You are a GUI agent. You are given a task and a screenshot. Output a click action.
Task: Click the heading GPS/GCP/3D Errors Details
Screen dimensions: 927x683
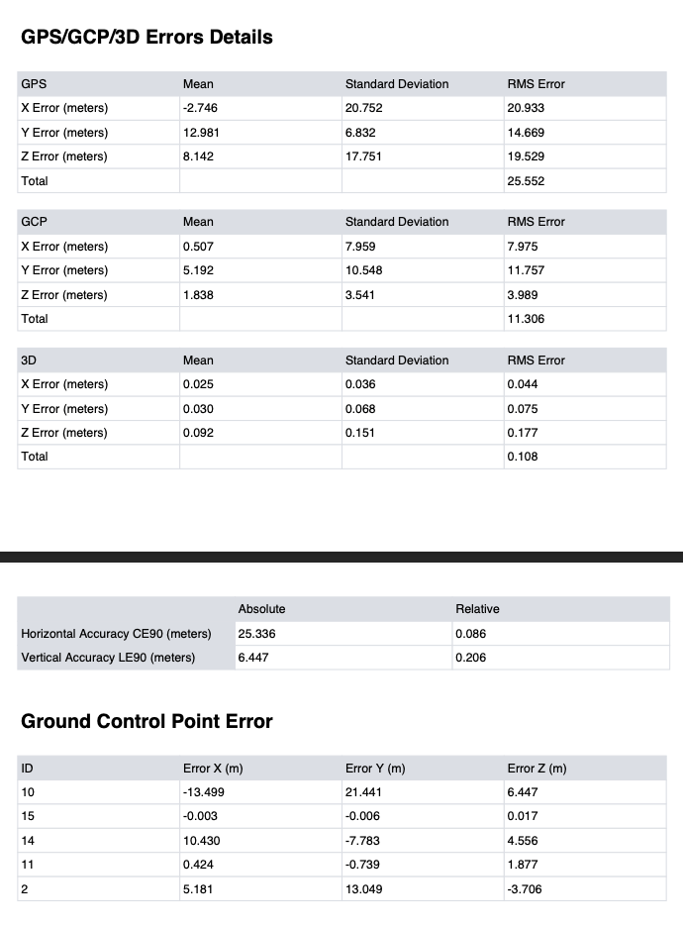146,38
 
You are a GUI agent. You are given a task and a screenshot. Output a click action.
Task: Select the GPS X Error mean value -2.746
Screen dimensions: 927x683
200,108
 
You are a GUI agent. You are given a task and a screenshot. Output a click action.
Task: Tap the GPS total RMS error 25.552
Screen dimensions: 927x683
526,181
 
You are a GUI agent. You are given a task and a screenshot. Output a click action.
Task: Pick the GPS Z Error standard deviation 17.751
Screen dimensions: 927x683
363,156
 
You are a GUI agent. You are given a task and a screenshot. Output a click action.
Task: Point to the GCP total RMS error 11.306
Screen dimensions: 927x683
526,319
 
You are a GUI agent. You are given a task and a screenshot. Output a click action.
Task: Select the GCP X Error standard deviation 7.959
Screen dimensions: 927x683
363,247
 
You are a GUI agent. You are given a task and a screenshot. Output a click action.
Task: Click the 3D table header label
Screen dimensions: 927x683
29,360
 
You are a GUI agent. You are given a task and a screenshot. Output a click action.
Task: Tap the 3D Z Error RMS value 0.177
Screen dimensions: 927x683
523,433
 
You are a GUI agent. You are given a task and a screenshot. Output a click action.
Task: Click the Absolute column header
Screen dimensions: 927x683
261,609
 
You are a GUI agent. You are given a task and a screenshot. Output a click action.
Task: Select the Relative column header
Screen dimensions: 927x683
477,609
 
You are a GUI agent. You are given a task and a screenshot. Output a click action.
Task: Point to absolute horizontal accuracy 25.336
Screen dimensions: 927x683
258,634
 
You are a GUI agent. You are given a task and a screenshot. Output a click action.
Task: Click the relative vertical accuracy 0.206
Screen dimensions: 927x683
470,658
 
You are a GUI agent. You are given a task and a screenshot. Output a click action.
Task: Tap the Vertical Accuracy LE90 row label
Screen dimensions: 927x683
108,658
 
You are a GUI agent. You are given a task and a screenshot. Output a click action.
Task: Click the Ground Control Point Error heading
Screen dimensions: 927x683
146,721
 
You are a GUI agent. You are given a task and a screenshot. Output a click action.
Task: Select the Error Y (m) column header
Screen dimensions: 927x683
375,769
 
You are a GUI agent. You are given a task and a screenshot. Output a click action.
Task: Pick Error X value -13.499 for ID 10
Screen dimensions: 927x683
203,792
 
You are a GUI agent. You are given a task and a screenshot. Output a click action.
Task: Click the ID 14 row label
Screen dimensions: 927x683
27,841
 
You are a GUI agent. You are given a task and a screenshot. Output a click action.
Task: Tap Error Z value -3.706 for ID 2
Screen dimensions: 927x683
524,889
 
